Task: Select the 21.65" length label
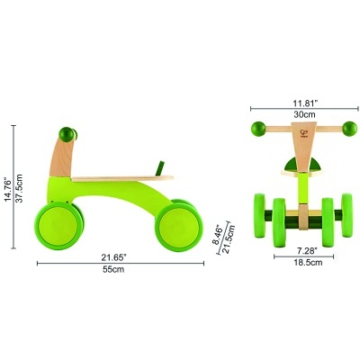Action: pos(113,257)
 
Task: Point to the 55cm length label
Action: pos(113,270)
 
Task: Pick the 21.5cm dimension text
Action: pos(229,239)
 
